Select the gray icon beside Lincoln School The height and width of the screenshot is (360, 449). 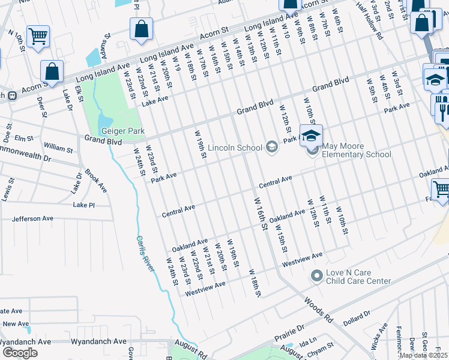(272, 147)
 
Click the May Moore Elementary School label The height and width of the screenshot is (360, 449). (357, 150)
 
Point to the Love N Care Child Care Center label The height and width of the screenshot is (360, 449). (358, 277)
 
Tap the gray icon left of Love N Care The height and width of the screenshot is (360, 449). (316, 276)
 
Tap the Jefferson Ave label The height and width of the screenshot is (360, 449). (32, 219)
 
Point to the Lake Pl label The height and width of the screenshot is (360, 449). (84, 205)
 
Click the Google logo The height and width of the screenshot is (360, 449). (20, 352)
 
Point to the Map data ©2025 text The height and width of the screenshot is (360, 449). (423, 355)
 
